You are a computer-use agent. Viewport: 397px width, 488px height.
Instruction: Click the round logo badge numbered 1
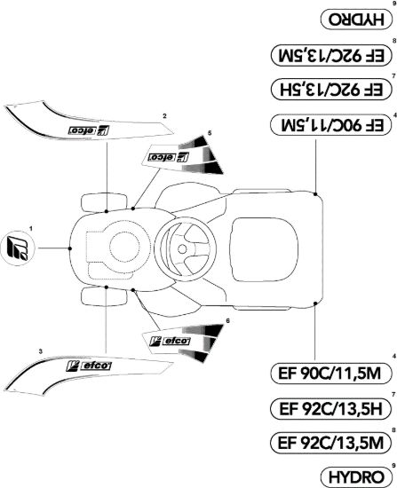coord(18,248)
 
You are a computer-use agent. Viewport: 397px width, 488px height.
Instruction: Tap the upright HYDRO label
coord(356,476)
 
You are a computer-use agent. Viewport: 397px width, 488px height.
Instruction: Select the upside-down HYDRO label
coord(356,20)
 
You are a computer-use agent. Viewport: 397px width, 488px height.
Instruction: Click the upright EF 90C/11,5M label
coord(330,374)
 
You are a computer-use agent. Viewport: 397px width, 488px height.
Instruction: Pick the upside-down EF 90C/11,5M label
coord(330,124)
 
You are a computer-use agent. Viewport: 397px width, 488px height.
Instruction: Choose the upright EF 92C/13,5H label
coord(330,409)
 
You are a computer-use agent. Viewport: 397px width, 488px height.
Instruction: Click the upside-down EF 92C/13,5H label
coord(330,90)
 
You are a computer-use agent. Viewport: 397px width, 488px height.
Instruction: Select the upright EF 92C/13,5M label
coord(330,443)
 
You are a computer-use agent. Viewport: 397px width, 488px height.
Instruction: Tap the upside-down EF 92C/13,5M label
coord(330,55)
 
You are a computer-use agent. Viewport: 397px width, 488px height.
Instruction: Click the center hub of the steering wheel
coord(182,248)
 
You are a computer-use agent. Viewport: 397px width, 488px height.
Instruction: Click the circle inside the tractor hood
coord(124,248)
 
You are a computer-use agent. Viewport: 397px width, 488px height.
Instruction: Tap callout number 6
coord(228,320)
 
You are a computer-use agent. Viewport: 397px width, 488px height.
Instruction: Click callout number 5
coord(210,133)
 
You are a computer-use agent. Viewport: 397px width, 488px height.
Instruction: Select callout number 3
coord(41,351)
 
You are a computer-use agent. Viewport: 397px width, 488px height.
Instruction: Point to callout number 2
coord(164,116)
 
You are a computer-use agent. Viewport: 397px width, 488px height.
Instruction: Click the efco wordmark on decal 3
coord(96,366)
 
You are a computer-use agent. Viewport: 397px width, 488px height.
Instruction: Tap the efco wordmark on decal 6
coord(177,341)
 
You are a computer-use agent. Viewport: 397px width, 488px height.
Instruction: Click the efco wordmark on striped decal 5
coord(163,156)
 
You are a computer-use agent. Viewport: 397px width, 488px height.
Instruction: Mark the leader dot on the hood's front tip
coord(70,248)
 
